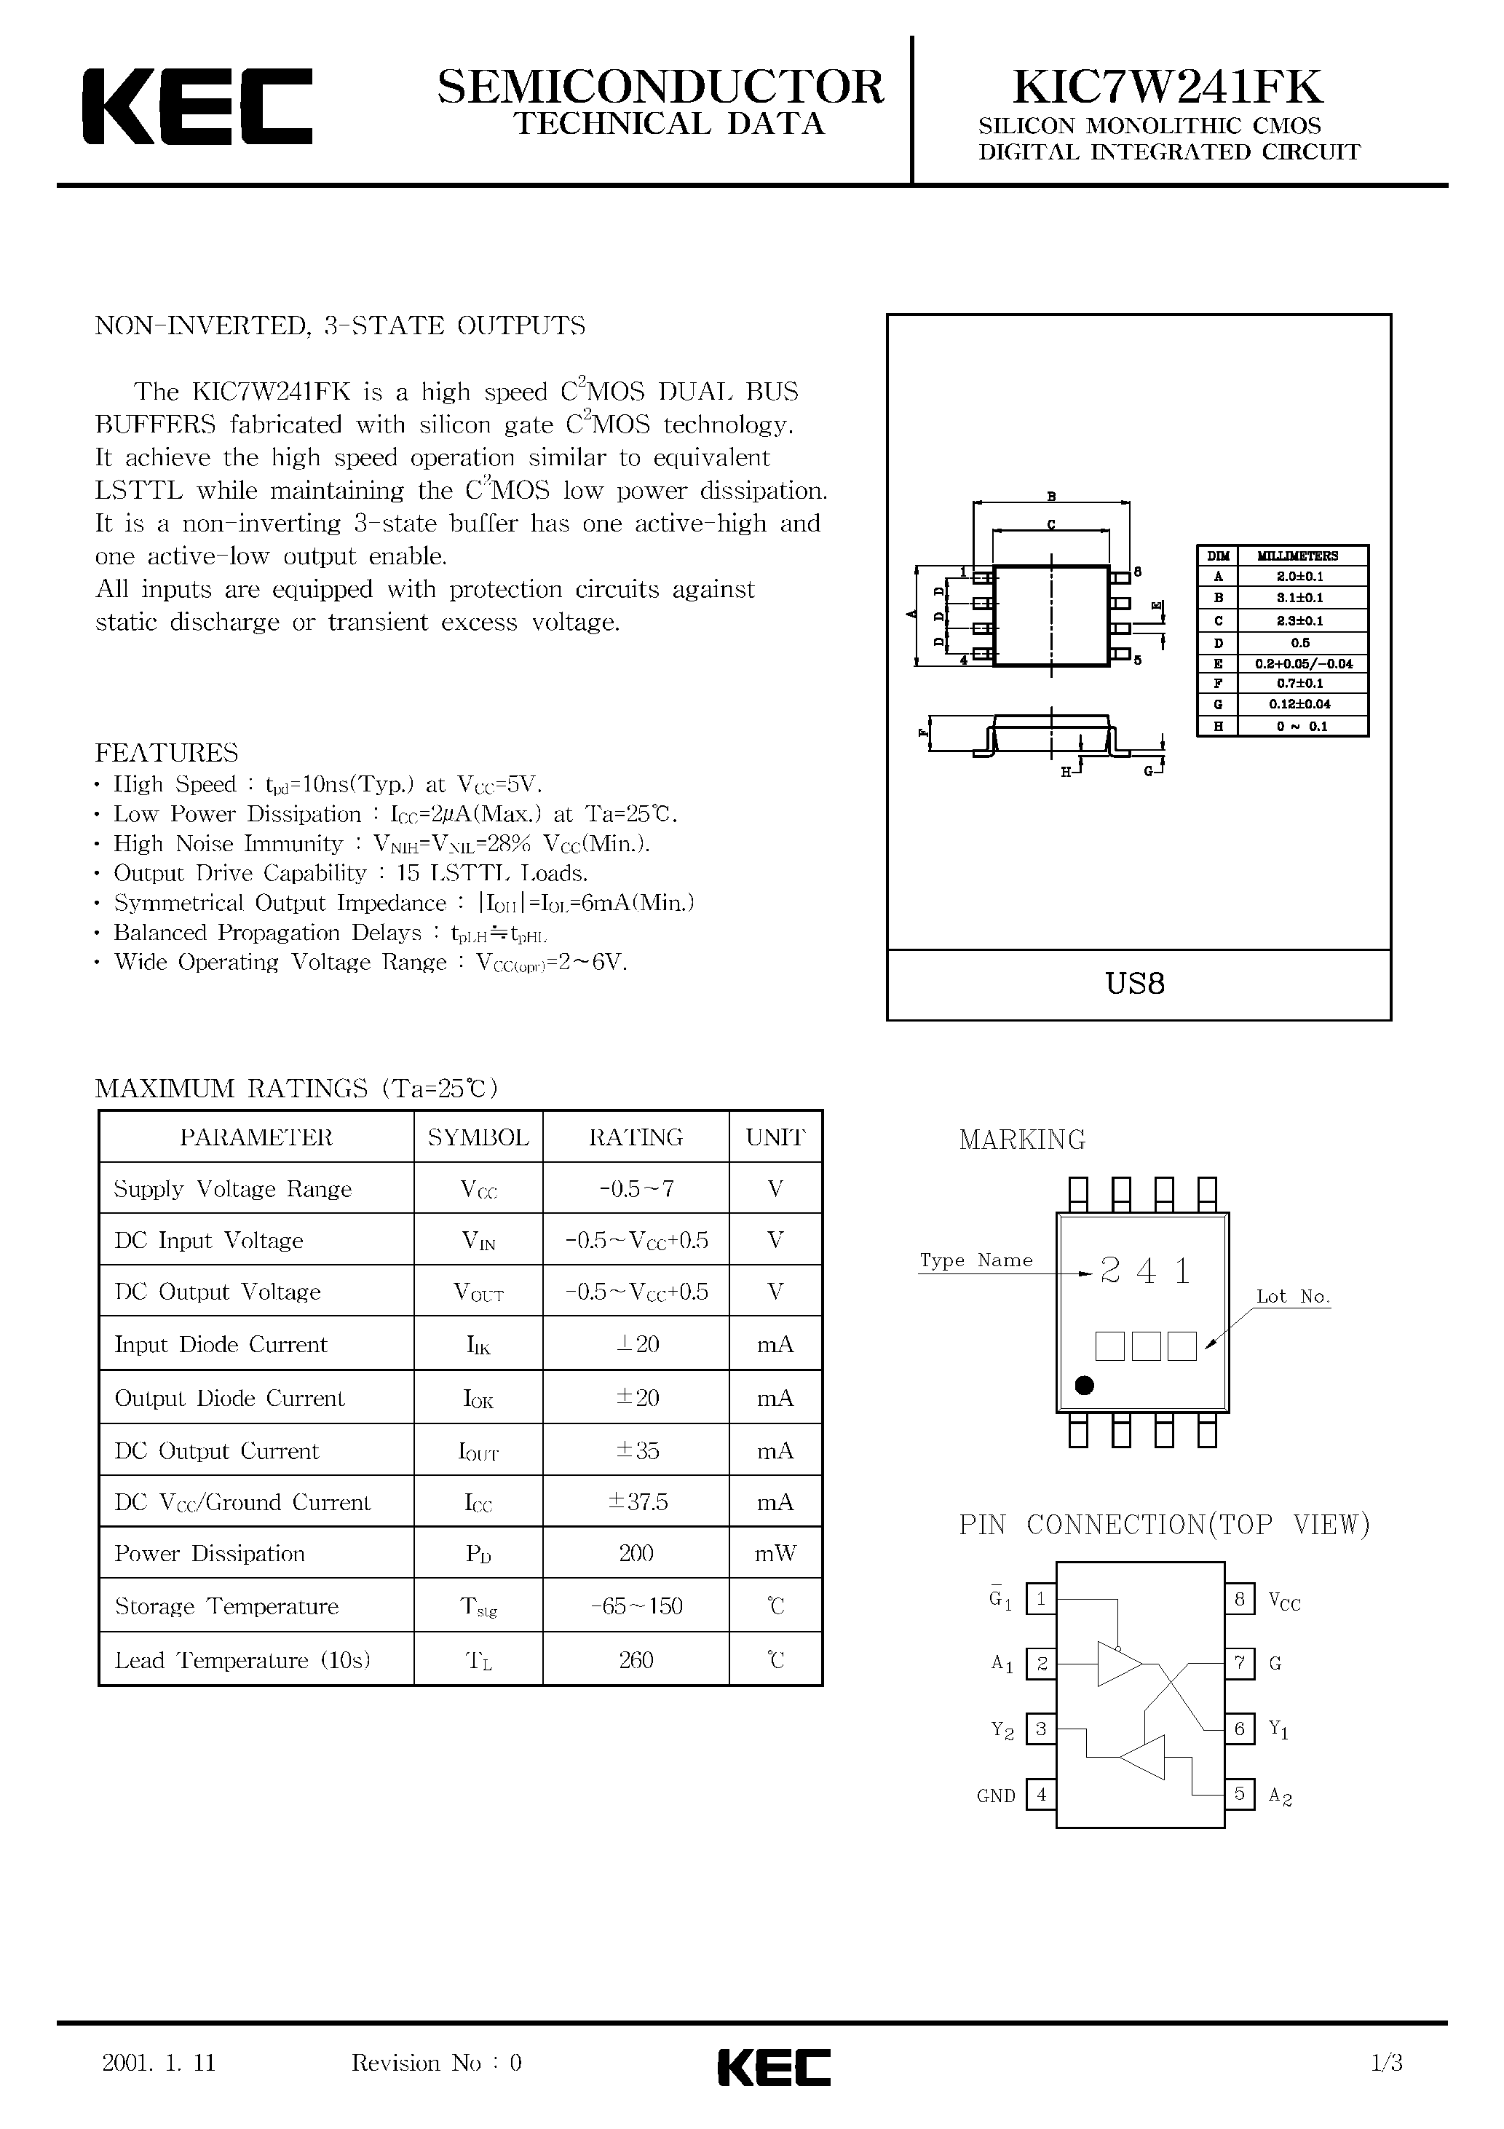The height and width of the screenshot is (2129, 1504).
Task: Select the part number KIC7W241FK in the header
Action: point(1168,87)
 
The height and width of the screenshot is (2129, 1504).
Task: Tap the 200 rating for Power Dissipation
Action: point(636,1553)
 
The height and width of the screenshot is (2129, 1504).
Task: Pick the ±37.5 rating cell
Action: point(637,1501)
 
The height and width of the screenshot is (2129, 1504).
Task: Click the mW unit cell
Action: point(775,1553)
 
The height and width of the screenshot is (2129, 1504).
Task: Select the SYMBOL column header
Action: point(478,1137)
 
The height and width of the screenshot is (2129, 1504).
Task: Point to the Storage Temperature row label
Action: point(226,1606)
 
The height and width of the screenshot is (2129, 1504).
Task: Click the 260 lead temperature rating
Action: point(636,1660)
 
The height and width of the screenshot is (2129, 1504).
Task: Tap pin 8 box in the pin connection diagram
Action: point(1240,1599)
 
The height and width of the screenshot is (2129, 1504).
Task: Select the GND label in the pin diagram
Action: point(996,1796)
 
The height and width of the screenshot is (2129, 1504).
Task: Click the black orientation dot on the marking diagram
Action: point(1084,1386)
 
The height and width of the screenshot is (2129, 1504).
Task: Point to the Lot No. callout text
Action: point(1293,1296)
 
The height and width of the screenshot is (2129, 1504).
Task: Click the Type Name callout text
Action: point(975,1260)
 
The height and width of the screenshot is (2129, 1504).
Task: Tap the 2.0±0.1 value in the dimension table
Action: point(1299,577)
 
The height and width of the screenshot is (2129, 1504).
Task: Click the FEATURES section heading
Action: point(167,752)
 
